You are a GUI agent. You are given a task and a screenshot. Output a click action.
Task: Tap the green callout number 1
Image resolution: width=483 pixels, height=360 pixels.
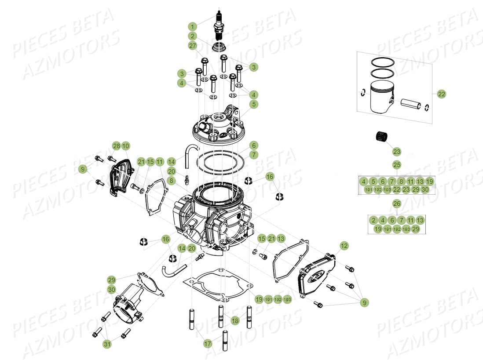pyautogui.click(x=192, y=26)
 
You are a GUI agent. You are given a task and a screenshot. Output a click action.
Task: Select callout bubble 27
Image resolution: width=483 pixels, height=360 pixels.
pyautogui.click(x=192, y=46)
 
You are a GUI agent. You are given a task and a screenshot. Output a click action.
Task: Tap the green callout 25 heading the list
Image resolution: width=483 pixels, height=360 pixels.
pyautogui.click(x=397, y=165)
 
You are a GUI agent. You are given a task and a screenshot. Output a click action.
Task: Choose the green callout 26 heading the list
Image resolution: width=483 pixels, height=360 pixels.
pyautogui.click(x=397, y=204)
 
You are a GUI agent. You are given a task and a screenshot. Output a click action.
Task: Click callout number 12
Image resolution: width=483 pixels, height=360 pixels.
pyautogui.click(x=344, y=245)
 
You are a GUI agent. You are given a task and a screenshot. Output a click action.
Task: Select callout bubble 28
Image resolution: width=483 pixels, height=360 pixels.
pyautogui.click(x=116, y=145)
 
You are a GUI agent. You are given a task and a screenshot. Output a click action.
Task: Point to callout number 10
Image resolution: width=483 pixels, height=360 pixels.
pyautogui.click(x=125, y=145)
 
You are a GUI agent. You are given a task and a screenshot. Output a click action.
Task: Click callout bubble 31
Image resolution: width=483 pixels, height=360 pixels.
pyautogui.click(x=107, y=345)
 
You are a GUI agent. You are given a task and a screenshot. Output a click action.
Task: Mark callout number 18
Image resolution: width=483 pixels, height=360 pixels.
pyautogui.click(x=235, y=321)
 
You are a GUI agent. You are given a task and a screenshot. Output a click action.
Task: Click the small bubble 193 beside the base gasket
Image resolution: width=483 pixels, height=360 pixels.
pyautogui.click(x=287, y=299)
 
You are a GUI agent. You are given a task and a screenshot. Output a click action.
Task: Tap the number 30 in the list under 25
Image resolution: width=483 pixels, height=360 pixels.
pyautogui.click(x=424, y=189)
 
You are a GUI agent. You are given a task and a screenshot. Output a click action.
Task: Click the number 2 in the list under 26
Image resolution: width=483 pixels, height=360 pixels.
pyautogui.click(x=373, y=220)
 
